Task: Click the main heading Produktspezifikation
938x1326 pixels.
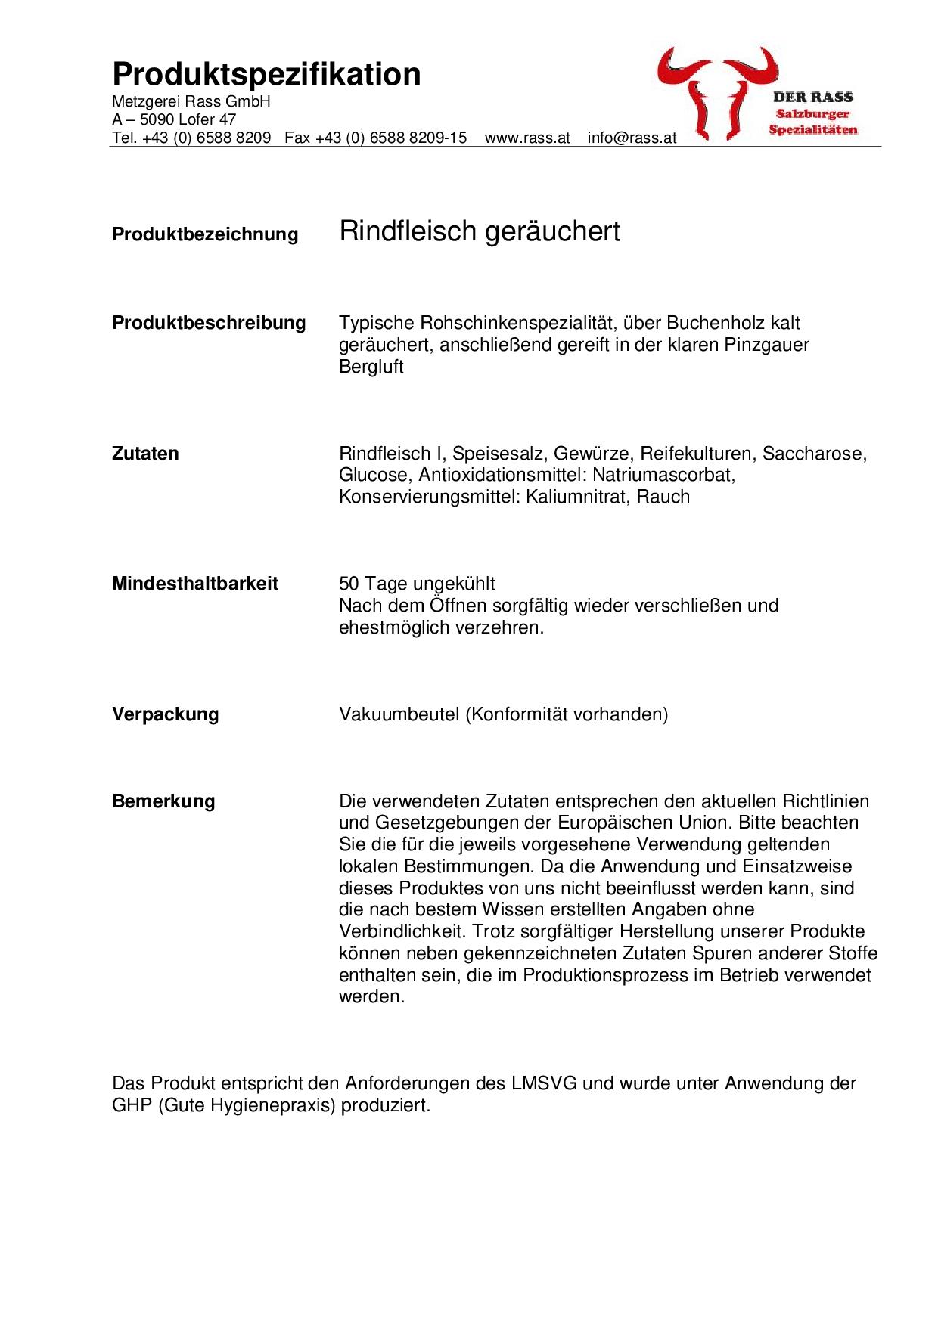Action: click(x=266, y=75)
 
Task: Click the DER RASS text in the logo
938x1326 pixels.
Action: click(x=812, y=97)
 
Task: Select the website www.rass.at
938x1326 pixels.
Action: click(x=526, y=138)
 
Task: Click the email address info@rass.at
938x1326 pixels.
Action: click(x=632, y=138)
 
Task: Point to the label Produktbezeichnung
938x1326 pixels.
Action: click(x=205, y=234)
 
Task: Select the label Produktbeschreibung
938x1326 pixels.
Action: click(x=209, y=323)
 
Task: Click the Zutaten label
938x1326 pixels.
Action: click(x=145, y=454)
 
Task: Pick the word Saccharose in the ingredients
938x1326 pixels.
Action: click(x=813, y=454)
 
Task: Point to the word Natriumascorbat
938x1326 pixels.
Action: click(x=664, y=475)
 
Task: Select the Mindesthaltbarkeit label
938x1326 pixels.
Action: click(x=195, y=584)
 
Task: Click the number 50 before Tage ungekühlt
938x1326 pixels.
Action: click(x=349, y=584)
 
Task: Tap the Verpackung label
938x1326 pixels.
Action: click(x=165, y=714)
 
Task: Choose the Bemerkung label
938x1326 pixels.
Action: click(x=163, y=801)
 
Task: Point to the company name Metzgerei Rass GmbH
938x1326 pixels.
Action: click(x=191, y=102)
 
